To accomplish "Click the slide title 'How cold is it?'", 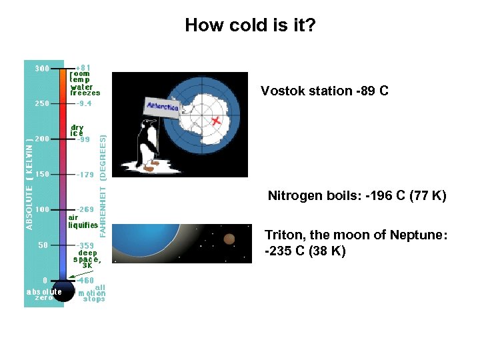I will (250, 25).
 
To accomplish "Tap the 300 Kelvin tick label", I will (42, 68).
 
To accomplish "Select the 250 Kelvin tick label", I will (42, 103).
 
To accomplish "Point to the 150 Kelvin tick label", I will (42, 174).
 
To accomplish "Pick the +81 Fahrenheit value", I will (83, 67).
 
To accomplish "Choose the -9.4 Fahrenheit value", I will (84, 103).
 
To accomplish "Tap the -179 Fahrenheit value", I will (84, 175).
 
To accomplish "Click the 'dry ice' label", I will (77, 129).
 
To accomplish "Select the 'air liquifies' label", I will (83, 221).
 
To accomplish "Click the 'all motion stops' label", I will (92, 293).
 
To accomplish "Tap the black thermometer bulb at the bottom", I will (64, 291).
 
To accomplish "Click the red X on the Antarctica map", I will (216, 121).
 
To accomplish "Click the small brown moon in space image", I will (229, 239).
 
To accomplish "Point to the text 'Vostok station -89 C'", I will (324, 91).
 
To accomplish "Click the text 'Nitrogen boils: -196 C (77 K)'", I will (357, 196).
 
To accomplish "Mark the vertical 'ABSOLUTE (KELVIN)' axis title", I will (29, 183).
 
